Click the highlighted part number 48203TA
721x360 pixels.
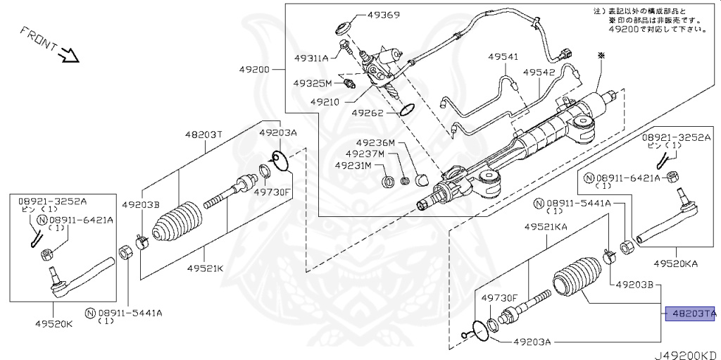click(x=691, y=313)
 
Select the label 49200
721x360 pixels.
click(x=254, y=70)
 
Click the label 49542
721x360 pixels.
click(x=539, y=72)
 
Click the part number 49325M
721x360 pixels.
click(x=313, y=83)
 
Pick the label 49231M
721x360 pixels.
click(x=355, y=166)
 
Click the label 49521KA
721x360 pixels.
click(x=545, y=226)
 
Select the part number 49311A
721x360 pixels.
click(x=311, y=58)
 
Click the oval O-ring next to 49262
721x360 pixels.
click(x=406, y=110)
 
